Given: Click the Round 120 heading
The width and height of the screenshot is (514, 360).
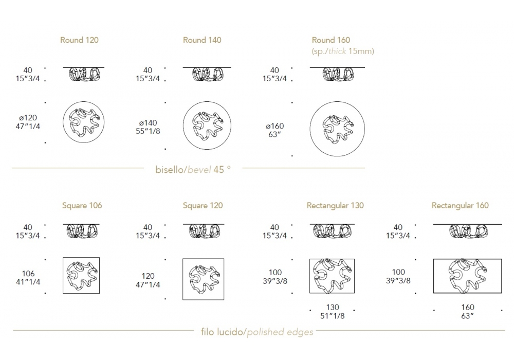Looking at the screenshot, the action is (79, 40).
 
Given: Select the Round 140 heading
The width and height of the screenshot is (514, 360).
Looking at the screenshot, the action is (202, 40).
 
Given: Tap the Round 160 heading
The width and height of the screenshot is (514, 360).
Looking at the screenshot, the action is (331, 40).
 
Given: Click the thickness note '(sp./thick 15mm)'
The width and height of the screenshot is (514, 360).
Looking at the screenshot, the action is (343, 51).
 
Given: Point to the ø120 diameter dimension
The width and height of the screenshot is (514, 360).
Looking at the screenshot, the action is (28, 122).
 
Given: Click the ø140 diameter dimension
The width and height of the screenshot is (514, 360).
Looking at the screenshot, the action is (148, 127).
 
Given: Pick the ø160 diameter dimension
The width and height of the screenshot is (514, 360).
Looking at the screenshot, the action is (274, 130).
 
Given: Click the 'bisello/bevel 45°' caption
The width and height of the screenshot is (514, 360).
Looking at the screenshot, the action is (193, 170).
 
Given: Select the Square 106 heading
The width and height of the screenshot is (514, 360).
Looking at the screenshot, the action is (82, 206).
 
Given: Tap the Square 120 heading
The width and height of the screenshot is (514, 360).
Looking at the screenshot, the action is (203, 206).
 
